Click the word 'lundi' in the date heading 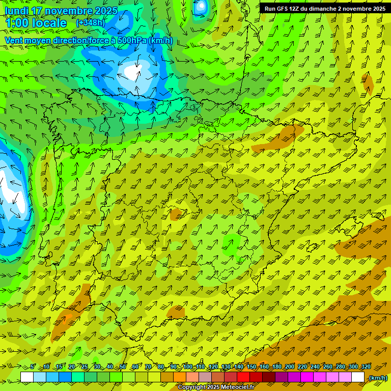(x=16, y=11)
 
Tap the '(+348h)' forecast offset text (x=91, y=23)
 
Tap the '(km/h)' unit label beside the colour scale (x=377, y=378)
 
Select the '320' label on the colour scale (x=366, y=367)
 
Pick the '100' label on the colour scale (x=187, y=367)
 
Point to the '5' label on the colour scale (x=33, y=367)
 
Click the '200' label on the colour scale (x=289, y=367)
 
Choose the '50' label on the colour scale (x=123, y=367)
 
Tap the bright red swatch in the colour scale (x=243, y=377)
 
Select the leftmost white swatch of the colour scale (x=27, y=377)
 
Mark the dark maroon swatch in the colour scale (x=269, y=377)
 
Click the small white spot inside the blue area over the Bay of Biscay (x=132, y=72)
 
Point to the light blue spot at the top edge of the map (x=201, y=6)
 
